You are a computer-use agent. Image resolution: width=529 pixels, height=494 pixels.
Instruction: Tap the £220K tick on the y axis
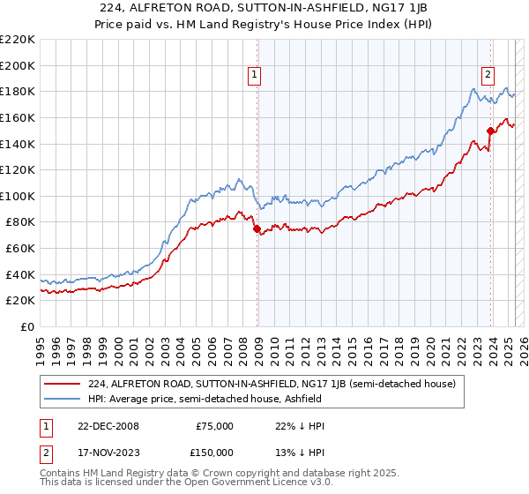17,40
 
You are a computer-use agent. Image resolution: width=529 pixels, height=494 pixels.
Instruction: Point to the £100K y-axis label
17,196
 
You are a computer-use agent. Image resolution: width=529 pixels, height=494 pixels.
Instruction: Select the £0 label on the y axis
26,326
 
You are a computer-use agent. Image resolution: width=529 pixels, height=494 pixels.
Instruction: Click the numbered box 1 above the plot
254,76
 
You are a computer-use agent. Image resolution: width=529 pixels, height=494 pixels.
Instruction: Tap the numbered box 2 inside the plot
488,76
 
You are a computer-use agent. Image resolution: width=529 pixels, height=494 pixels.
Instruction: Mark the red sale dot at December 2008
257,228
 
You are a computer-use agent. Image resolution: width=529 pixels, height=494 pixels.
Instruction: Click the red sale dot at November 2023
490,131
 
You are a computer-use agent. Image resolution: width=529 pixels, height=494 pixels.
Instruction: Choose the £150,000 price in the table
214,452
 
